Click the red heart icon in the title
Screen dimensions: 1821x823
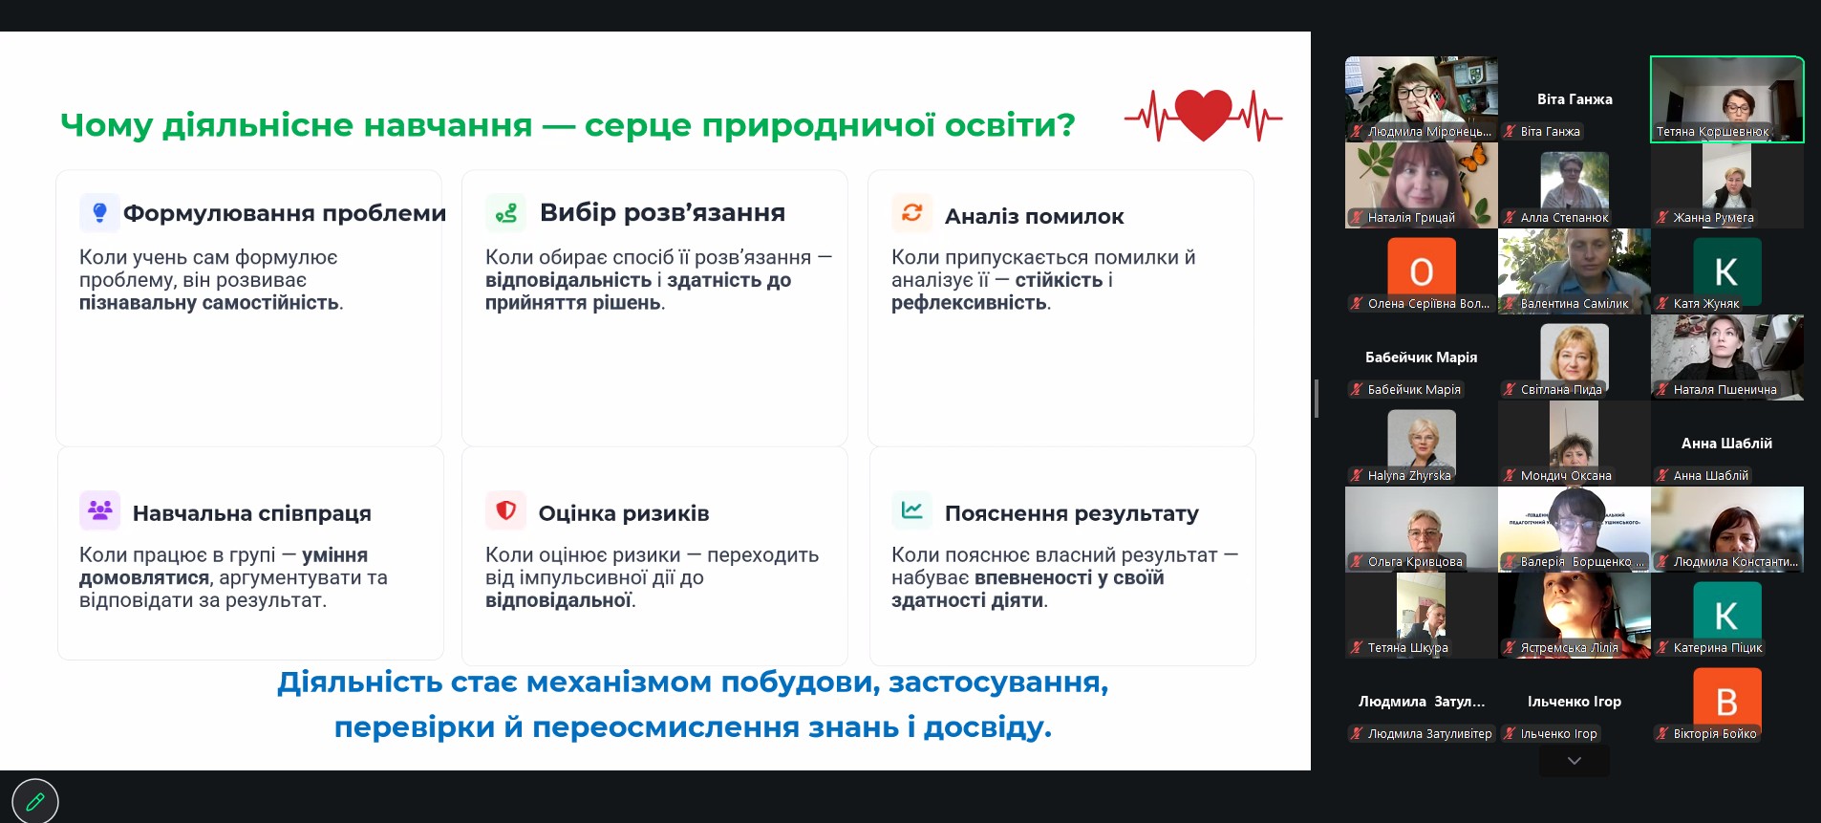coord(1203,115)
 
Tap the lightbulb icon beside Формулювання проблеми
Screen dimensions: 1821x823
coord(99,212)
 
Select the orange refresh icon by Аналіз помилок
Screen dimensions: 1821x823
coord(911,212)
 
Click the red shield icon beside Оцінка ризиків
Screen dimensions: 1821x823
coord(505,510)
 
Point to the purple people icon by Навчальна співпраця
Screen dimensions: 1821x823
coord(99,510)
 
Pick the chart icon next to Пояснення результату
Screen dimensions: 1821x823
coord(911,510)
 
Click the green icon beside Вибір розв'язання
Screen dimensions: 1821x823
coord(505,212)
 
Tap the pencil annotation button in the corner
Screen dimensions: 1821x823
coord(35,801)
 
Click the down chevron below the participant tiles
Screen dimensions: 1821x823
coord(1575,761)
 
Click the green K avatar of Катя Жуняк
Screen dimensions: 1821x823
coord(1727,271)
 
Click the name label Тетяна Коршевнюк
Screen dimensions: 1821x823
coord(1713,132)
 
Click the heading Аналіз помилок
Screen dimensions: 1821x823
coord(1035,217)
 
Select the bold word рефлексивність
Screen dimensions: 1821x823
coord(969,303)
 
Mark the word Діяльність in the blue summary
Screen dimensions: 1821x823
coord(360,682)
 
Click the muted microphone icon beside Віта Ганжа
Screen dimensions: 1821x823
coord(1510,132)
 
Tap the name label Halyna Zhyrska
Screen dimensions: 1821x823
coord(1409,475)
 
